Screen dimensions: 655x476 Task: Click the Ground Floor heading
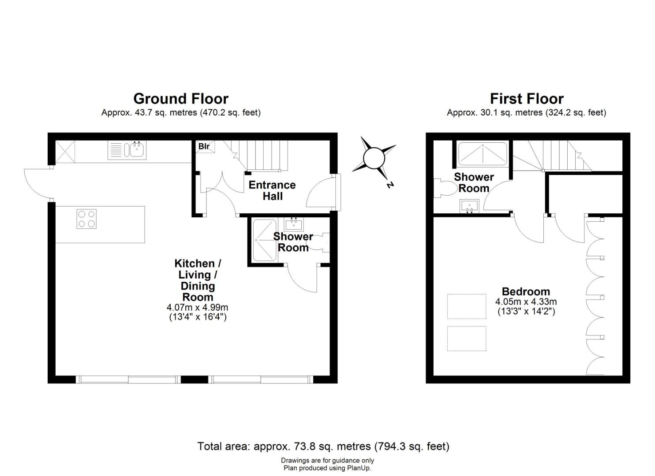tap(181, 99)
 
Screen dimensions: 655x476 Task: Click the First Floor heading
tap(527, 99)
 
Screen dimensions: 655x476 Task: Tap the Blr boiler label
tap(204, 146)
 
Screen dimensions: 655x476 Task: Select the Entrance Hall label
tap(272, 190)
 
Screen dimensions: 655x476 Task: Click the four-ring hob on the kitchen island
tap(86, 219)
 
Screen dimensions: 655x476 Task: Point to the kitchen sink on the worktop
tap(127, 150)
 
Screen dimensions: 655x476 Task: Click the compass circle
tap(374, 158)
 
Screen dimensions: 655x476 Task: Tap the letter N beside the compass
tap(390, 185)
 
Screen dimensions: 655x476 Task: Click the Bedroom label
tap(526, 291)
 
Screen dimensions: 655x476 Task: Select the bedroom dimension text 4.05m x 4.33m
tap(526, 301)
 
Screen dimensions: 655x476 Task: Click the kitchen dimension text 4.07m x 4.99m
tap(197, 307)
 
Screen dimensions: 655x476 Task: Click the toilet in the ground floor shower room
tap(320, 242)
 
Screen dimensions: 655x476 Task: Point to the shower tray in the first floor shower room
tap(483, 154)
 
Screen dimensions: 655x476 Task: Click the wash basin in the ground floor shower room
tap(294, 224)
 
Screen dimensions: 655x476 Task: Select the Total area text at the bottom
tap(323, 446)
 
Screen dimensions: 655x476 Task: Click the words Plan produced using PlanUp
tap(327, 468)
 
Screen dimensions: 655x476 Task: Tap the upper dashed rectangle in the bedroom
tap(467, 306)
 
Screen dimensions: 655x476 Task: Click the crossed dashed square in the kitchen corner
tap(65, 152)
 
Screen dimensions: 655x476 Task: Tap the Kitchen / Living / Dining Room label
tap(198, 280)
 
